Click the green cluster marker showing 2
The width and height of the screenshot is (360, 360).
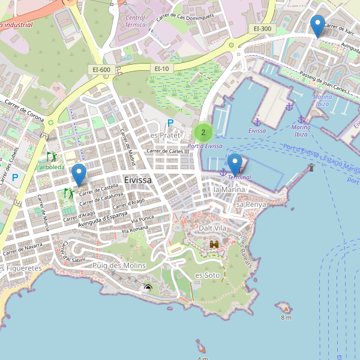[x=203, y=133]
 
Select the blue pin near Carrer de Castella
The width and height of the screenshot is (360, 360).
[x=79, y=175]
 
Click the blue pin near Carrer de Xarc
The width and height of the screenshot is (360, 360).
[x=318, y=26]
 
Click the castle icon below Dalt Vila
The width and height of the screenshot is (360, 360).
[x=214, y=244]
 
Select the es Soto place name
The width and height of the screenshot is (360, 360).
[x=208, y=275]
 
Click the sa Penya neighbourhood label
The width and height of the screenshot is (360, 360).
[x=251, y=205]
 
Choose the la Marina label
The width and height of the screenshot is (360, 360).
[x=227, y=190]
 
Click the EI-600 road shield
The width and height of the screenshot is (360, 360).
[x=101, y=70]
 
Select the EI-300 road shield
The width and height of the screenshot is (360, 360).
[x=262, y=28]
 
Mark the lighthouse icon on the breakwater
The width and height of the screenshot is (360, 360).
[x=311, y=167]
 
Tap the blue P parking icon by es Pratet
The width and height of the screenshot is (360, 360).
[x=170, y=123]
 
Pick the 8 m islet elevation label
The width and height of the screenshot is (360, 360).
[x=286, y=317]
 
